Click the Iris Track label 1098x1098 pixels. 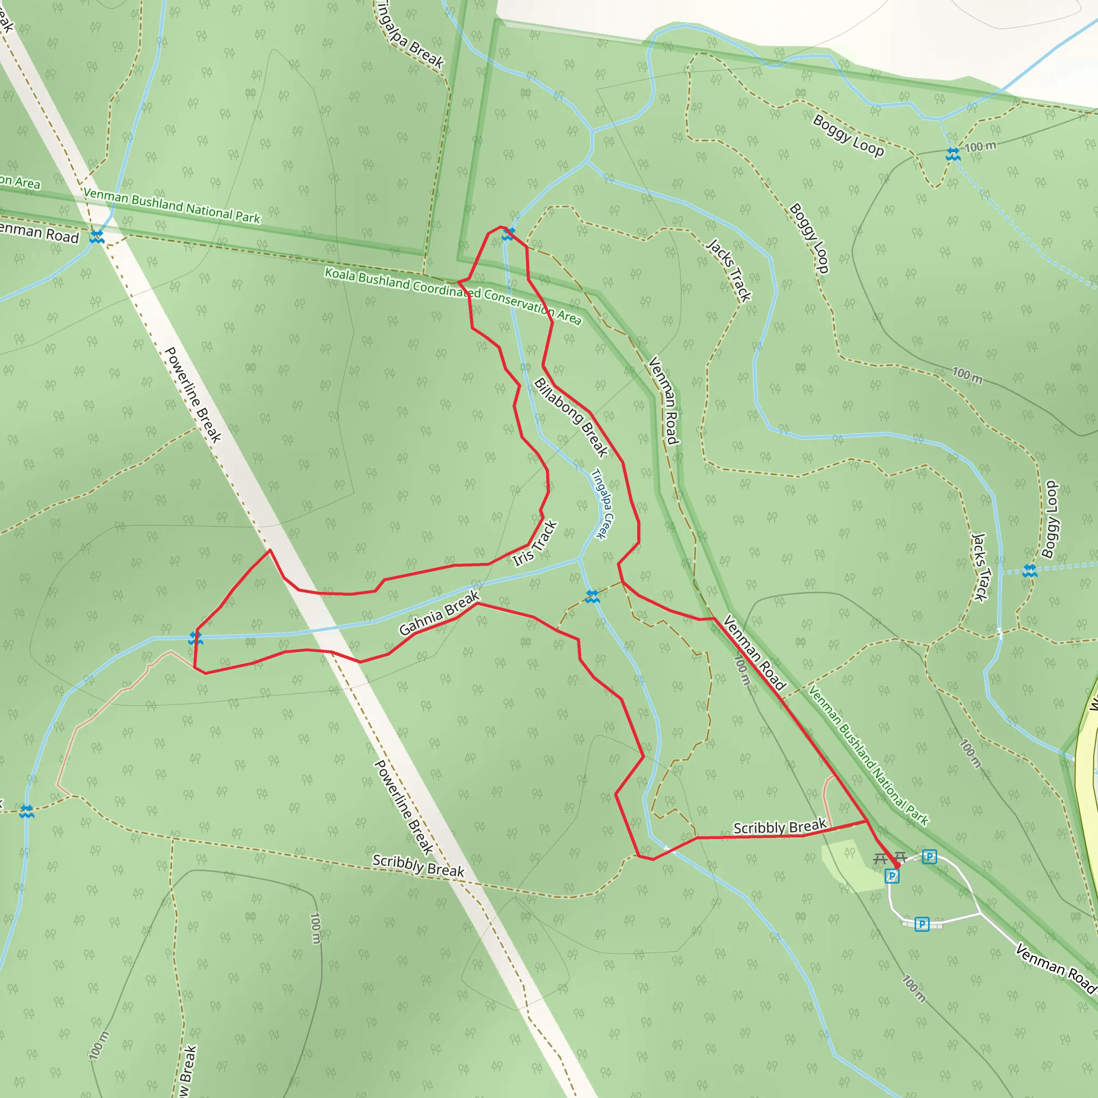[x=535, y=544]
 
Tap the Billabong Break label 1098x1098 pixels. [x=570, y=417]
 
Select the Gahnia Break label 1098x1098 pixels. [x=439, y=613]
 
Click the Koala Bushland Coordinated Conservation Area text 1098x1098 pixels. [x=453, y=295]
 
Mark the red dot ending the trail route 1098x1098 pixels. [x=897, y=865]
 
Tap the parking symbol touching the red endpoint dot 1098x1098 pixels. [x=892, y=877]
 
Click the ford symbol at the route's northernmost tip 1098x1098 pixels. [x=508, y=234]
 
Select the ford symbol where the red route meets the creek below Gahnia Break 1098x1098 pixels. [x=196, y=638]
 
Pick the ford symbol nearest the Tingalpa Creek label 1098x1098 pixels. [x=592, y=597]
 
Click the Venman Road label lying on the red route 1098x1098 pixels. [x=754, y=652]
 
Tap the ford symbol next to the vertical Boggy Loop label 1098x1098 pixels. [x=1030, y=571]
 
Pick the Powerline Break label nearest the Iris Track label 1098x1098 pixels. [x=192, y=395]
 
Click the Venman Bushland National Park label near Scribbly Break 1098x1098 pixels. [x=868, y=755]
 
